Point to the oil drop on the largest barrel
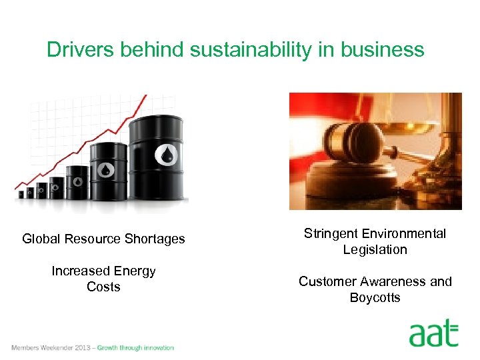tap(166, 155)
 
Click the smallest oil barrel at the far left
tap(21, 194)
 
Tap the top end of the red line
tap(145, 97)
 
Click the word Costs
tap(103, 287)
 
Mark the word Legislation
tap(375, 249)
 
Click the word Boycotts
tap(375, 297)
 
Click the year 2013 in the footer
tap(84, 347)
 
